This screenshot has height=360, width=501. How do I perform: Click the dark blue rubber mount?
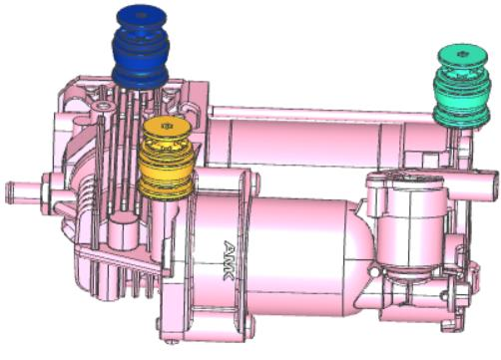140,48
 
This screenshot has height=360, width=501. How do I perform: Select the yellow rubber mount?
166,159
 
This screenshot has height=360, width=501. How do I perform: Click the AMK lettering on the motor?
230,261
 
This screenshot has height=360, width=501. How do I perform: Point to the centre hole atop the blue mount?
141,15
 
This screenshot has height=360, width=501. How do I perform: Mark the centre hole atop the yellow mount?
165,126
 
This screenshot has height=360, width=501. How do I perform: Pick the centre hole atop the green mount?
461,54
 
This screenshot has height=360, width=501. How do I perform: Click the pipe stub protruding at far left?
24,192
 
